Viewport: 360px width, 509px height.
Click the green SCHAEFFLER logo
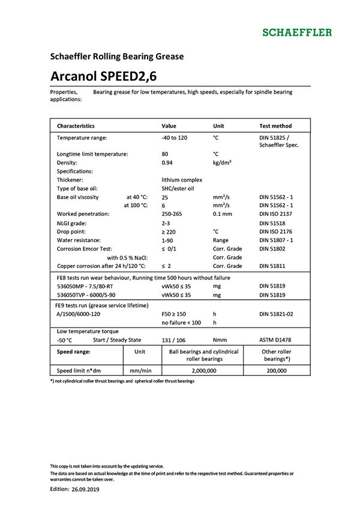[x=298, y=32]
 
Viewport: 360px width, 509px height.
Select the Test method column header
[x=275, y=127]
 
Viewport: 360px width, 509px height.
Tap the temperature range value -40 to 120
[x=175, y=138]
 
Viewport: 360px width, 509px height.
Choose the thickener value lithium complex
[x=182, y=180]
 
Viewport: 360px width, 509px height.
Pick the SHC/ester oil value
[x=178, y=188]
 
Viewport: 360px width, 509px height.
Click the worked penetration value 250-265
[x=173, y=214]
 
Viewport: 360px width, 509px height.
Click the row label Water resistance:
[x=83, y=240]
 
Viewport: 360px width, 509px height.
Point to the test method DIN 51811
[x=274, y=266]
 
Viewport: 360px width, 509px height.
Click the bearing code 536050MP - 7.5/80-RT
[x=88, y=287]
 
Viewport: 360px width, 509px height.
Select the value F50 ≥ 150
[x=174, y=314]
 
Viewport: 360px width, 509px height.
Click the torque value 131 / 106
[x=175, y=340]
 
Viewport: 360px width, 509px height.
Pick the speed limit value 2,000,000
[x=204, y=371]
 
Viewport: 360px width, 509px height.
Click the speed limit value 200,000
[x=277, y=371]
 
